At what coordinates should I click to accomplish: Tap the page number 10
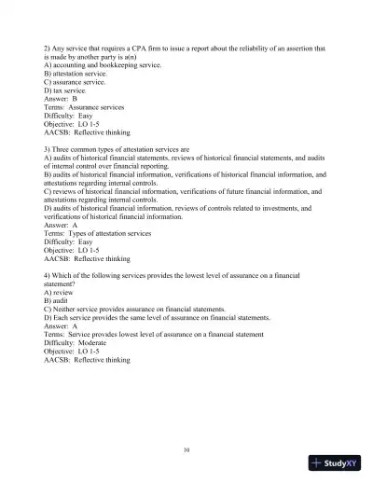[187, 449]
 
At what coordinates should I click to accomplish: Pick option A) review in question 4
[62, 291]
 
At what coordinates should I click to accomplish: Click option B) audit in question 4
[60, 299]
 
